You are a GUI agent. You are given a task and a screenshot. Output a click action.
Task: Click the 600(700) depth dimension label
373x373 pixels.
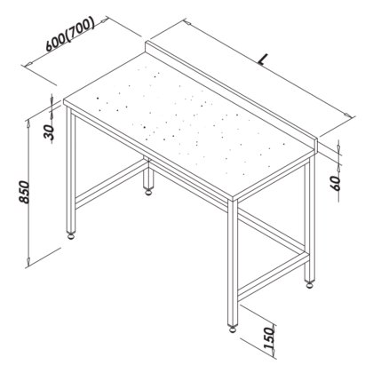(67, 36)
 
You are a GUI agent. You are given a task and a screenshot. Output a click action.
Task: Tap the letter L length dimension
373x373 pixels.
(263, 60)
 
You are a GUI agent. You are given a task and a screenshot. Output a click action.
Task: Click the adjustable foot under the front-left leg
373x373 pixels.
(71, 237)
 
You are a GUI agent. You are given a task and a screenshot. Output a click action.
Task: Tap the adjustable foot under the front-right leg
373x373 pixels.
(234, 325)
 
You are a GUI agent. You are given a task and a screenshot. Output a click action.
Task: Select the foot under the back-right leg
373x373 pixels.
(309, 284)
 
